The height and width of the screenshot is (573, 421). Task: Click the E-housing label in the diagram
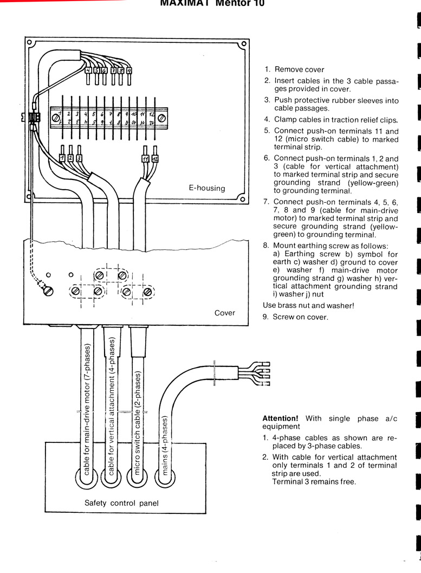pos(206,188)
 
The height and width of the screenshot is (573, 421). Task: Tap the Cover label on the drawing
pos(224,313)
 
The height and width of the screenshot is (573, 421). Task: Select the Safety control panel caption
pos(121,503)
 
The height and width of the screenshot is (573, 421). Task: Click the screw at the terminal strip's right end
pos(161,116)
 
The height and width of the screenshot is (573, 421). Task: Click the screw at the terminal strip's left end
pos(56,116)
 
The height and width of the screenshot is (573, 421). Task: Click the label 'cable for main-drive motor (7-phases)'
pos(87,407)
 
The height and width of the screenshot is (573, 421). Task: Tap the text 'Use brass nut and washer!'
pos(308,305)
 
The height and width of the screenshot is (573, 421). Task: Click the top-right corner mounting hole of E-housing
pos(244,43)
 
